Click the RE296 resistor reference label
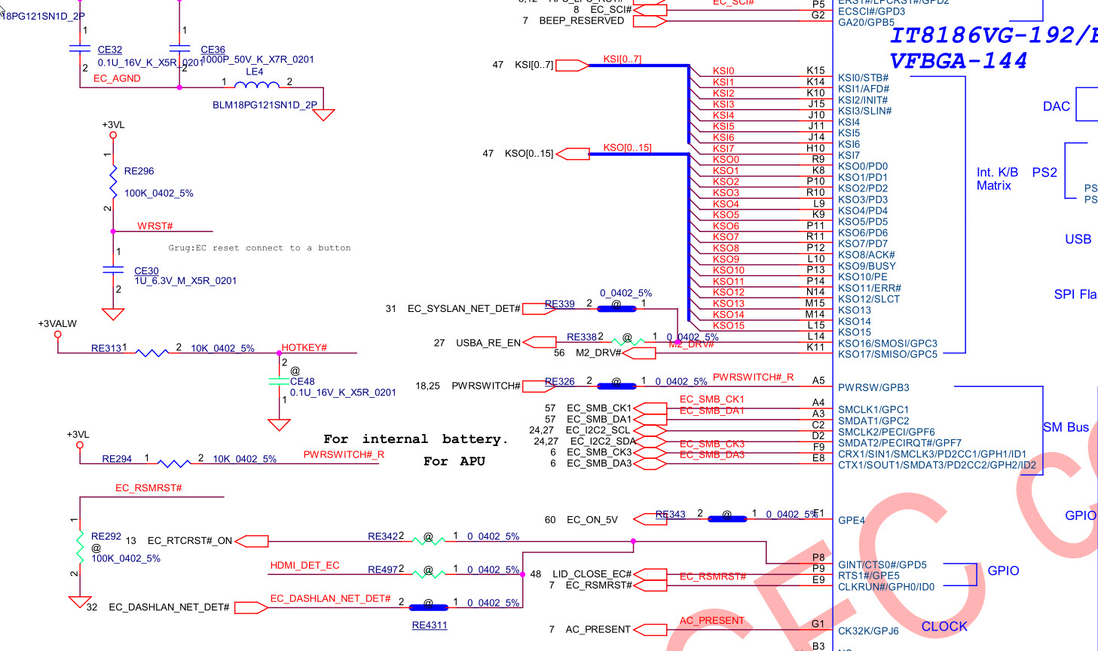[x=139, y=171]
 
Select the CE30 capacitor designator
[x=146, y=270]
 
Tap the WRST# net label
[x=155, y=226]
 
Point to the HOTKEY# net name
[x=304, y=347]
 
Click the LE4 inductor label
[x=255, y=72]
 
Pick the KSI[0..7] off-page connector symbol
[x=571, y=66]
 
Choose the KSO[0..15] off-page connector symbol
[x=573, y=154]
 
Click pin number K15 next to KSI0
[x=815, y=70]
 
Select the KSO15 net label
[x=728, y=325]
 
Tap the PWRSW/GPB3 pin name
[x=873, y=387]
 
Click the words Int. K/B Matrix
[x=997, y=179]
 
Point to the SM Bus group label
[x=1066, y=427]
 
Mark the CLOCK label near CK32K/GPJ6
[x=944, y=626]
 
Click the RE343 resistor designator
[x=670, y=514]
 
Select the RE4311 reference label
[x=430, y=625]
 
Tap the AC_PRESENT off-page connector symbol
[x=650, y=629]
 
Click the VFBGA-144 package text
[x=958, y=60]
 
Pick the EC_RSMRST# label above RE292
[x=148, y=487]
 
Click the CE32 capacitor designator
[x=110, y=50]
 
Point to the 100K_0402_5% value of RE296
[x=158, y=193]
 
